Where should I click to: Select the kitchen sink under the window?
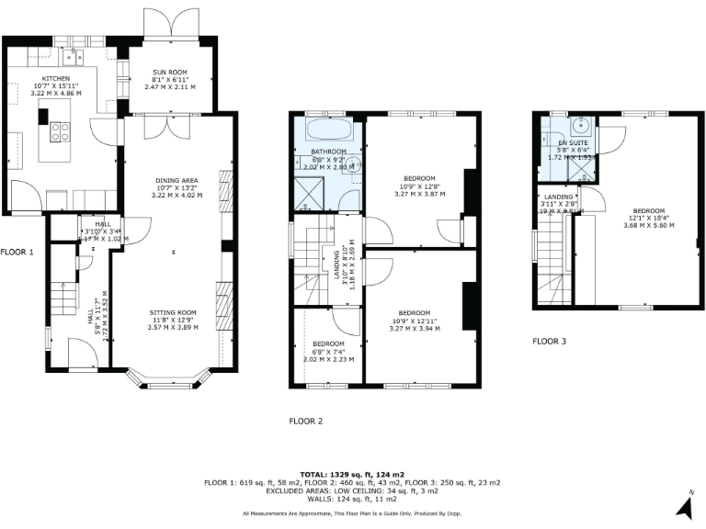click(x=74, y=55)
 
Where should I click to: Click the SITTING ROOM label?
click(x=173, y=312)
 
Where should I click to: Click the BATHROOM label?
click(x=328, y=152)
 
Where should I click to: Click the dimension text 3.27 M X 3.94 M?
click(x=416, y=328)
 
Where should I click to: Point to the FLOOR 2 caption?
click(x=306, y=422)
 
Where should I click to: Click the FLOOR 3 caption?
click(x=550, y=341)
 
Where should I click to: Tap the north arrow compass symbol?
click(x=684, y=503)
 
